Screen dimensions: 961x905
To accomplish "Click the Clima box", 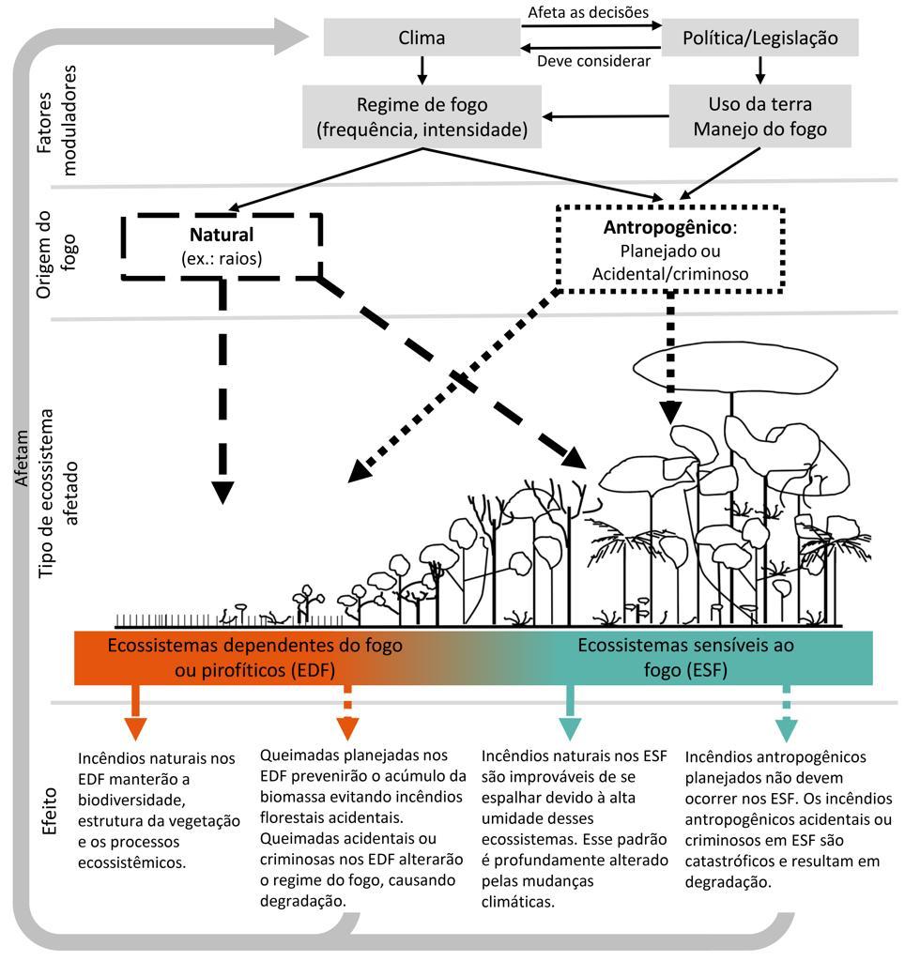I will coord(422,38).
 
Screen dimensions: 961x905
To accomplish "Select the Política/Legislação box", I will coord(759,38).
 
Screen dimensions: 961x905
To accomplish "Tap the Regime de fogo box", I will coord(422,116).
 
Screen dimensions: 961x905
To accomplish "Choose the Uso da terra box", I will coord(759,116).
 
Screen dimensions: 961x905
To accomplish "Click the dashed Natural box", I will coord(222,245).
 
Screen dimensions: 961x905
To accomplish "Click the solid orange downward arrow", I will coord(136,715).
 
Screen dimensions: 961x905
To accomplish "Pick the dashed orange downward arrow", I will coord(347,715).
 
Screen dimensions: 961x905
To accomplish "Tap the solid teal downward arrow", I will coord(570,715).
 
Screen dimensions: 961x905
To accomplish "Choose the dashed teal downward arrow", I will coord(787,715).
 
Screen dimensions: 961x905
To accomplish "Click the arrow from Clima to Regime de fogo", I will coord(422,69).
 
